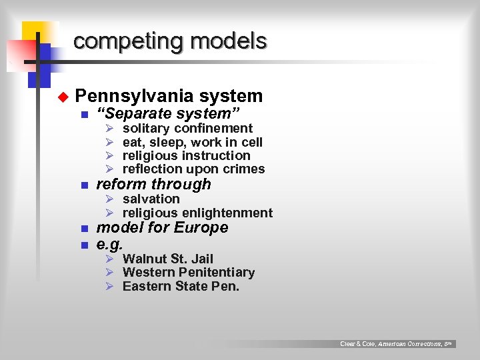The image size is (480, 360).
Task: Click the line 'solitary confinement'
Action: click(x=187, y=128)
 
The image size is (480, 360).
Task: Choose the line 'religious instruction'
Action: click(x=187, y=155)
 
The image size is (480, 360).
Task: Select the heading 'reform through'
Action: click(x=154, y=184)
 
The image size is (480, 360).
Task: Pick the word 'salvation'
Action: click(x=151, y=199)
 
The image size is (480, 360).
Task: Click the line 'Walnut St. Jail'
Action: click(x=168, y=259)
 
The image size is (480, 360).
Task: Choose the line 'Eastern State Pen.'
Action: click(x=181, y=287)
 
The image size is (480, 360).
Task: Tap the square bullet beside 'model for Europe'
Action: click(x=84, y=229)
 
